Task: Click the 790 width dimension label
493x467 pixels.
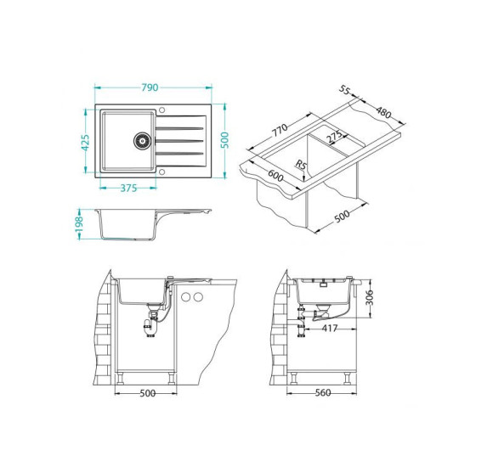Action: [x=150, y=87]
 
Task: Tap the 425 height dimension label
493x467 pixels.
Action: [x=85, y=143]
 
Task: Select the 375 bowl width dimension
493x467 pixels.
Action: [x=128, y=188]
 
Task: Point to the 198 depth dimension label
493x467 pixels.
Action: [x=79, y=224]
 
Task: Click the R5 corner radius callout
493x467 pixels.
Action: [x=301, y=165]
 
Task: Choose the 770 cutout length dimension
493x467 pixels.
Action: [x=280, y=130]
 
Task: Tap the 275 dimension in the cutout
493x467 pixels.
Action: [x=334, y=137]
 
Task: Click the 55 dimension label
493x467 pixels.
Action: [x=344, y=90]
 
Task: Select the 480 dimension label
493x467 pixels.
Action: [x=383, y=112]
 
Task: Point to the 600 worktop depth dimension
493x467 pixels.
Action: [x=275, y=176]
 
